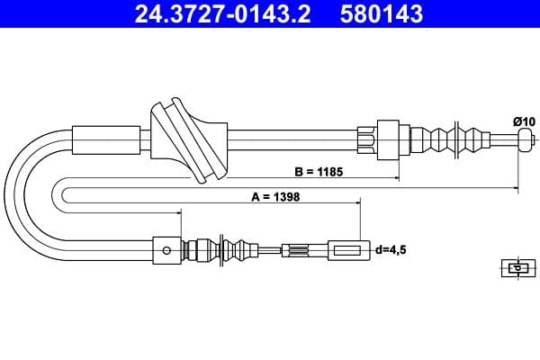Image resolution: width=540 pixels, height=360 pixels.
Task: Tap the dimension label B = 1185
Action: (320, 169)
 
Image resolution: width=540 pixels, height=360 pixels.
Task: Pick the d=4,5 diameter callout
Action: (389, 249)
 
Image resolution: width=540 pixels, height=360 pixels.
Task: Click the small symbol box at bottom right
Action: (516, 267)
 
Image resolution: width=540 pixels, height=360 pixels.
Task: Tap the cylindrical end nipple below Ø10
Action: (526, 139)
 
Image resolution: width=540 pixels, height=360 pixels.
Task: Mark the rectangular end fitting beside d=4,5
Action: (347, 249)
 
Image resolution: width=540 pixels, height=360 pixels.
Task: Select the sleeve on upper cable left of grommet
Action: (108, 139)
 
